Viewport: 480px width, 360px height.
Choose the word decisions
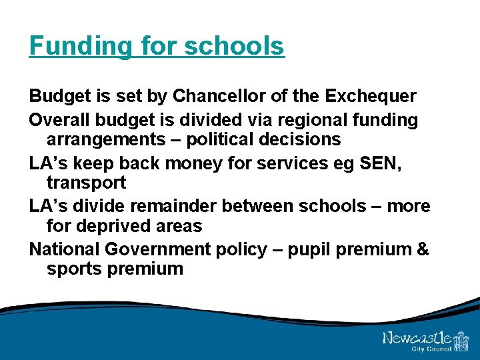click(304, 139)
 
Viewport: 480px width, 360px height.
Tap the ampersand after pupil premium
click(423, 249)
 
